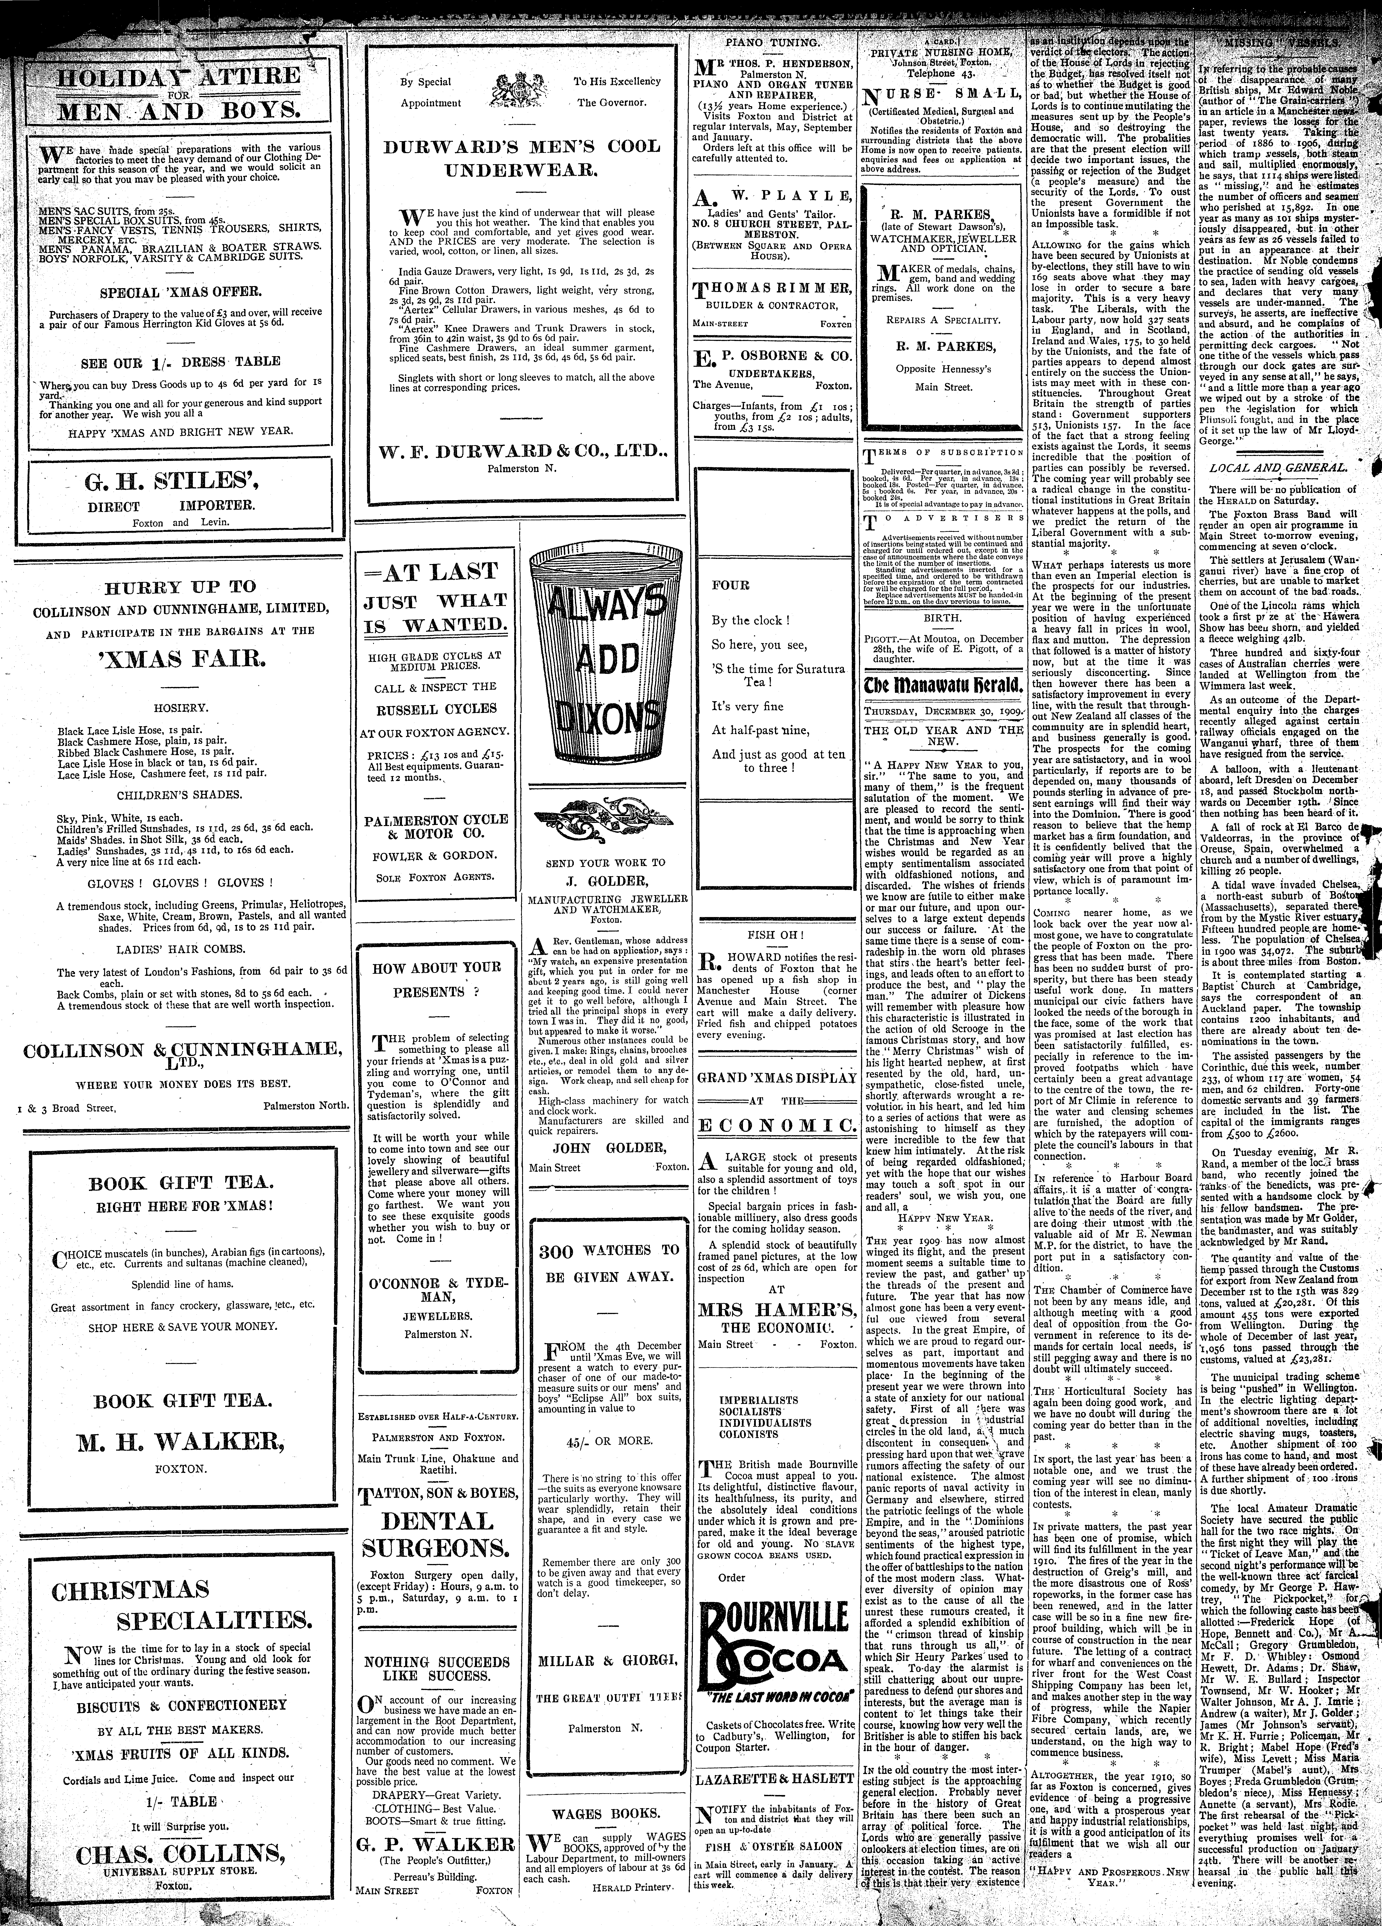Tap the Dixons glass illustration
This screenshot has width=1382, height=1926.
[606, 658]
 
